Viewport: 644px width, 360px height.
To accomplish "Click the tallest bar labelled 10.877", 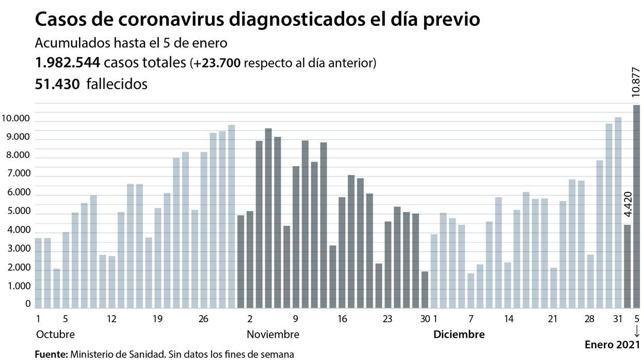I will [637, 206].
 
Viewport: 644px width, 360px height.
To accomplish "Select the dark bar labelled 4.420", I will [627, 266].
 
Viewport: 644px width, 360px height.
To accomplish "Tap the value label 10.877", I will [636, 81].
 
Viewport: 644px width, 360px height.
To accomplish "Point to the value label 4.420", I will [627, 205].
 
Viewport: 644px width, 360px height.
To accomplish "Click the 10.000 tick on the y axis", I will [15, 119].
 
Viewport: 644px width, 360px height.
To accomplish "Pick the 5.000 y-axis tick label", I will [15, 212].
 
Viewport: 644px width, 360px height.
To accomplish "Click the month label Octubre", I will [55, 334].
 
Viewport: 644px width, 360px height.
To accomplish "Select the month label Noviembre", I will [273, 334].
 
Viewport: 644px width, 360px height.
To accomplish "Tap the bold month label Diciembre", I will [459, 334].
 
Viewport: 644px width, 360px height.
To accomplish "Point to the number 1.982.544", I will [67, 63].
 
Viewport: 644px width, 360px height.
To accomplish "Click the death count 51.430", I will [57, 84].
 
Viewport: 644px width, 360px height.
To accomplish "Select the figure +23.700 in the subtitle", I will [217, 63].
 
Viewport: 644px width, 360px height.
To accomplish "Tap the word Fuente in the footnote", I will [50, 354].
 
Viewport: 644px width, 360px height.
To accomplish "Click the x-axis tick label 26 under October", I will [203, 319].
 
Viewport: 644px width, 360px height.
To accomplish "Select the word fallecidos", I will [117, 84].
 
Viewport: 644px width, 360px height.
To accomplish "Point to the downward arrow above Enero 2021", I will [637, 331].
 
